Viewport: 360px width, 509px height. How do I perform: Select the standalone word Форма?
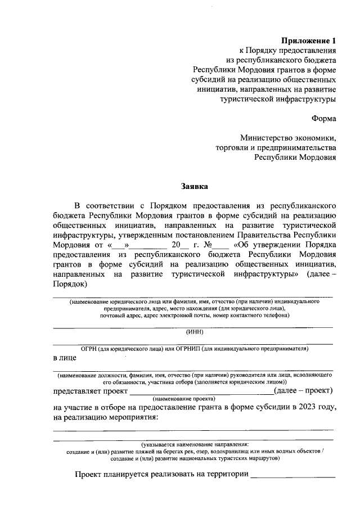click(x=323, y=118)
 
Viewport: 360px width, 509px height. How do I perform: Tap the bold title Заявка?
click(x=194, y=185)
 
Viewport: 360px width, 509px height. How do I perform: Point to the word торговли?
click(x=232, y=148)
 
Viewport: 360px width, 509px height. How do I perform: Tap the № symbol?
click(x=207, y=245)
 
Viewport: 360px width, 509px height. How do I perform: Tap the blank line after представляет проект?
click(x=201, y=391)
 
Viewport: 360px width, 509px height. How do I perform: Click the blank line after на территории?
click(x=292, y=475)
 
